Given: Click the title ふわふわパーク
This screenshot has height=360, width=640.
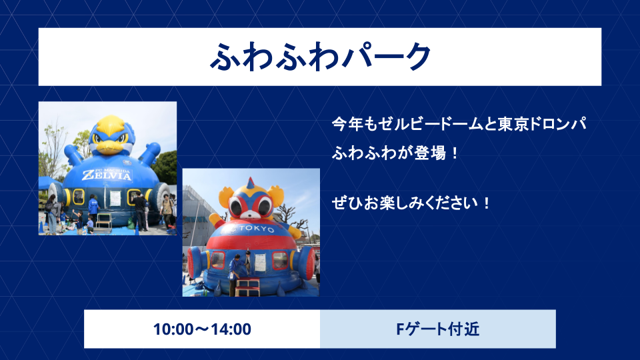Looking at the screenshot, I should coord(320,57).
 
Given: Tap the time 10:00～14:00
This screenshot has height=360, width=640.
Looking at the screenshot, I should coord(202,329).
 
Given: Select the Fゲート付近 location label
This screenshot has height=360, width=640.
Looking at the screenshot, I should coord(437,329).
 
